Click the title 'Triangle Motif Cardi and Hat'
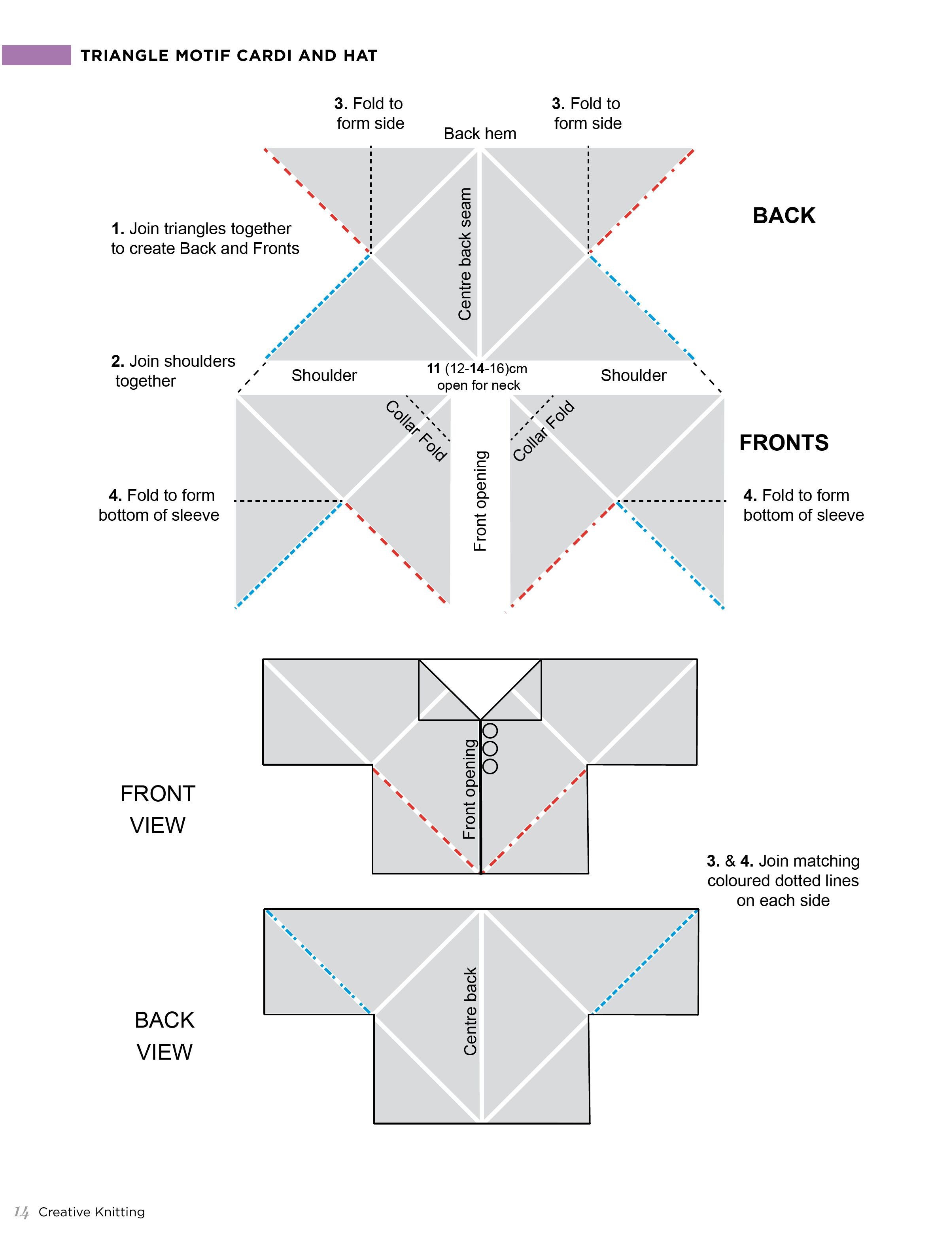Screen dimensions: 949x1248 tap(229, 55)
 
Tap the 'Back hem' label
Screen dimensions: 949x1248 tap(480, 134)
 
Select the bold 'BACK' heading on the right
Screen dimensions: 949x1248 tap(784, 215)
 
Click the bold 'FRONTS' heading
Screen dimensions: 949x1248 tap(784, 442)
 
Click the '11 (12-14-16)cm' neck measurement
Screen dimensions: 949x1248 tap(477, 368)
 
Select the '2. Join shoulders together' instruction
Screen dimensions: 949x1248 tap(173, 371)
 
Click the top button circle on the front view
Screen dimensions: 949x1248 tap(490, 731)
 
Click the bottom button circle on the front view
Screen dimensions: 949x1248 tap(490, 766)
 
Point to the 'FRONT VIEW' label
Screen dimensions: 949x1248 tap(158, 810)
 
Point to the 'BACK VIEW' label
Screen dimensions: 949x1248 tap(164, 1036)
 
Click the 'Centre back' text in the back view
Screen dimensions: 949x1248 tap(470, 1012)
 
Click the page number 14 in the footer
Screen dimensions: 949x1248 tap(21, 1212)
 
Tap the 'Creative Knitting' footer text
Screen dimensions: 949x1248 tap(91, 1212)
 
